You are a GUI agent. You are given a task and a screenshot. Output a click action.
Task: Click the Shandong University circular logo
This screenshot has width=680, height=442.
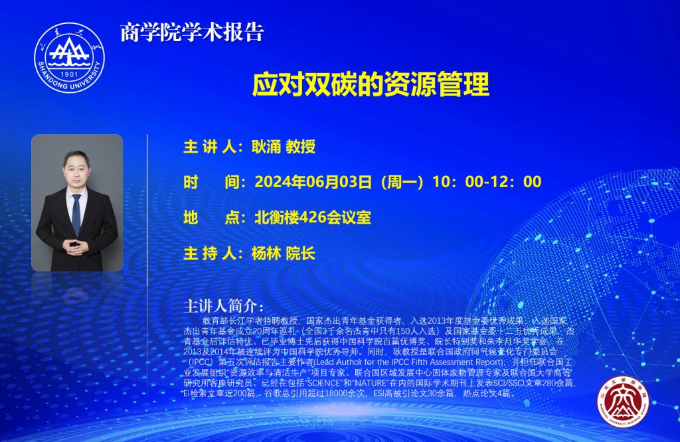(69, 57)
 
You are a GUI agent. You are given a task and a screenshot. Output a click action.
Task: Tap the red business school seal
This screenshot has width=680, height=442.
(623, 402)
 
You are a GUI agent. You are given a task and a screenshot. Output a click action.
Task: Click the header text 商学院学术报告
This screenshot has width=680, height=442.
(192, 33)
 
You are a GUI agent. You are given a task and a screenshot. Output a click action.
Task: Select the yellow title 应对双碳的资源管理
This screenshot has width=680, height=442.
(371, 84)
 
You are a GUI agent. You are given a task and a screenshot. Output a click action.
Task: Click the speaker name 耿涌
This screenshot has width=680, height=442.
(266, 147)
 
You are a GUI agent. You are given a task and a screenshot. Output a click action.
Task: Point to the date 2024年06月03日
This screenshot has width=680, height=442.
(313, 182)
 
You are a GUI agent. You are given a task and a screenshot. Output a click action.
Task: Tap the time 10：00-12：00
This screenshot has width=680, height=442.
(487, 182)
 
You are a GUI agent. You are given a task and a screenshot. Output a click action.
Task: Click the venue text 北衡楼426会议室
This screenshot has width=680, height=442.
(313, 218)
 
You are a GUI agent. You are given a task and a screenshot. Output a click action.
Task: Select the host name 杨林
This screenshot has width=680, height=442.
(266, 254)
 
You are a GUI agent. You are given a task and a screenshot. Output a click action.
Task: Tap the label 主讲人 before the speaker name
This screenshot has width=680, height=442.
(208, 147)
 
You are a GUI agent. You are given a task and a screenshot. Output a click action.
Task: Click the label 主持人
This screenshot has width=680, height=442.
(208, 254)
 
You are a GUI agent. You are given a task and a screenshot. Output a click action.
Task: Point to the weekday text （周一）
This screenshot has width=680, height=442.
(402, 182)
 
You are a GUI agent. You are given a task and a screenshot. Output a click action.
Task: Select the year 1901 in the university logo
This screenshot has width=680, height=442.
(69, 74)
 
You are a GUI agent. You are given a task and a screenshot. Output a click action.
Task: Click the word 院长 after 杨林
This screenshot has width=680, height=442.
(301, 254)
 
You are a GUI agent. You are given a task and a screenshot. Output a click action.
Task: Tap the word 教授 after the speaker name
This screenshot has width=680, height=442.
(301, 147)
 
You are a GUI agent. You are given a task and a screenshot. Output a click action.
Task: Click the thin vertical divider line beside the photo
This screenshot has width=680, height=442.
(147, 210)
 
